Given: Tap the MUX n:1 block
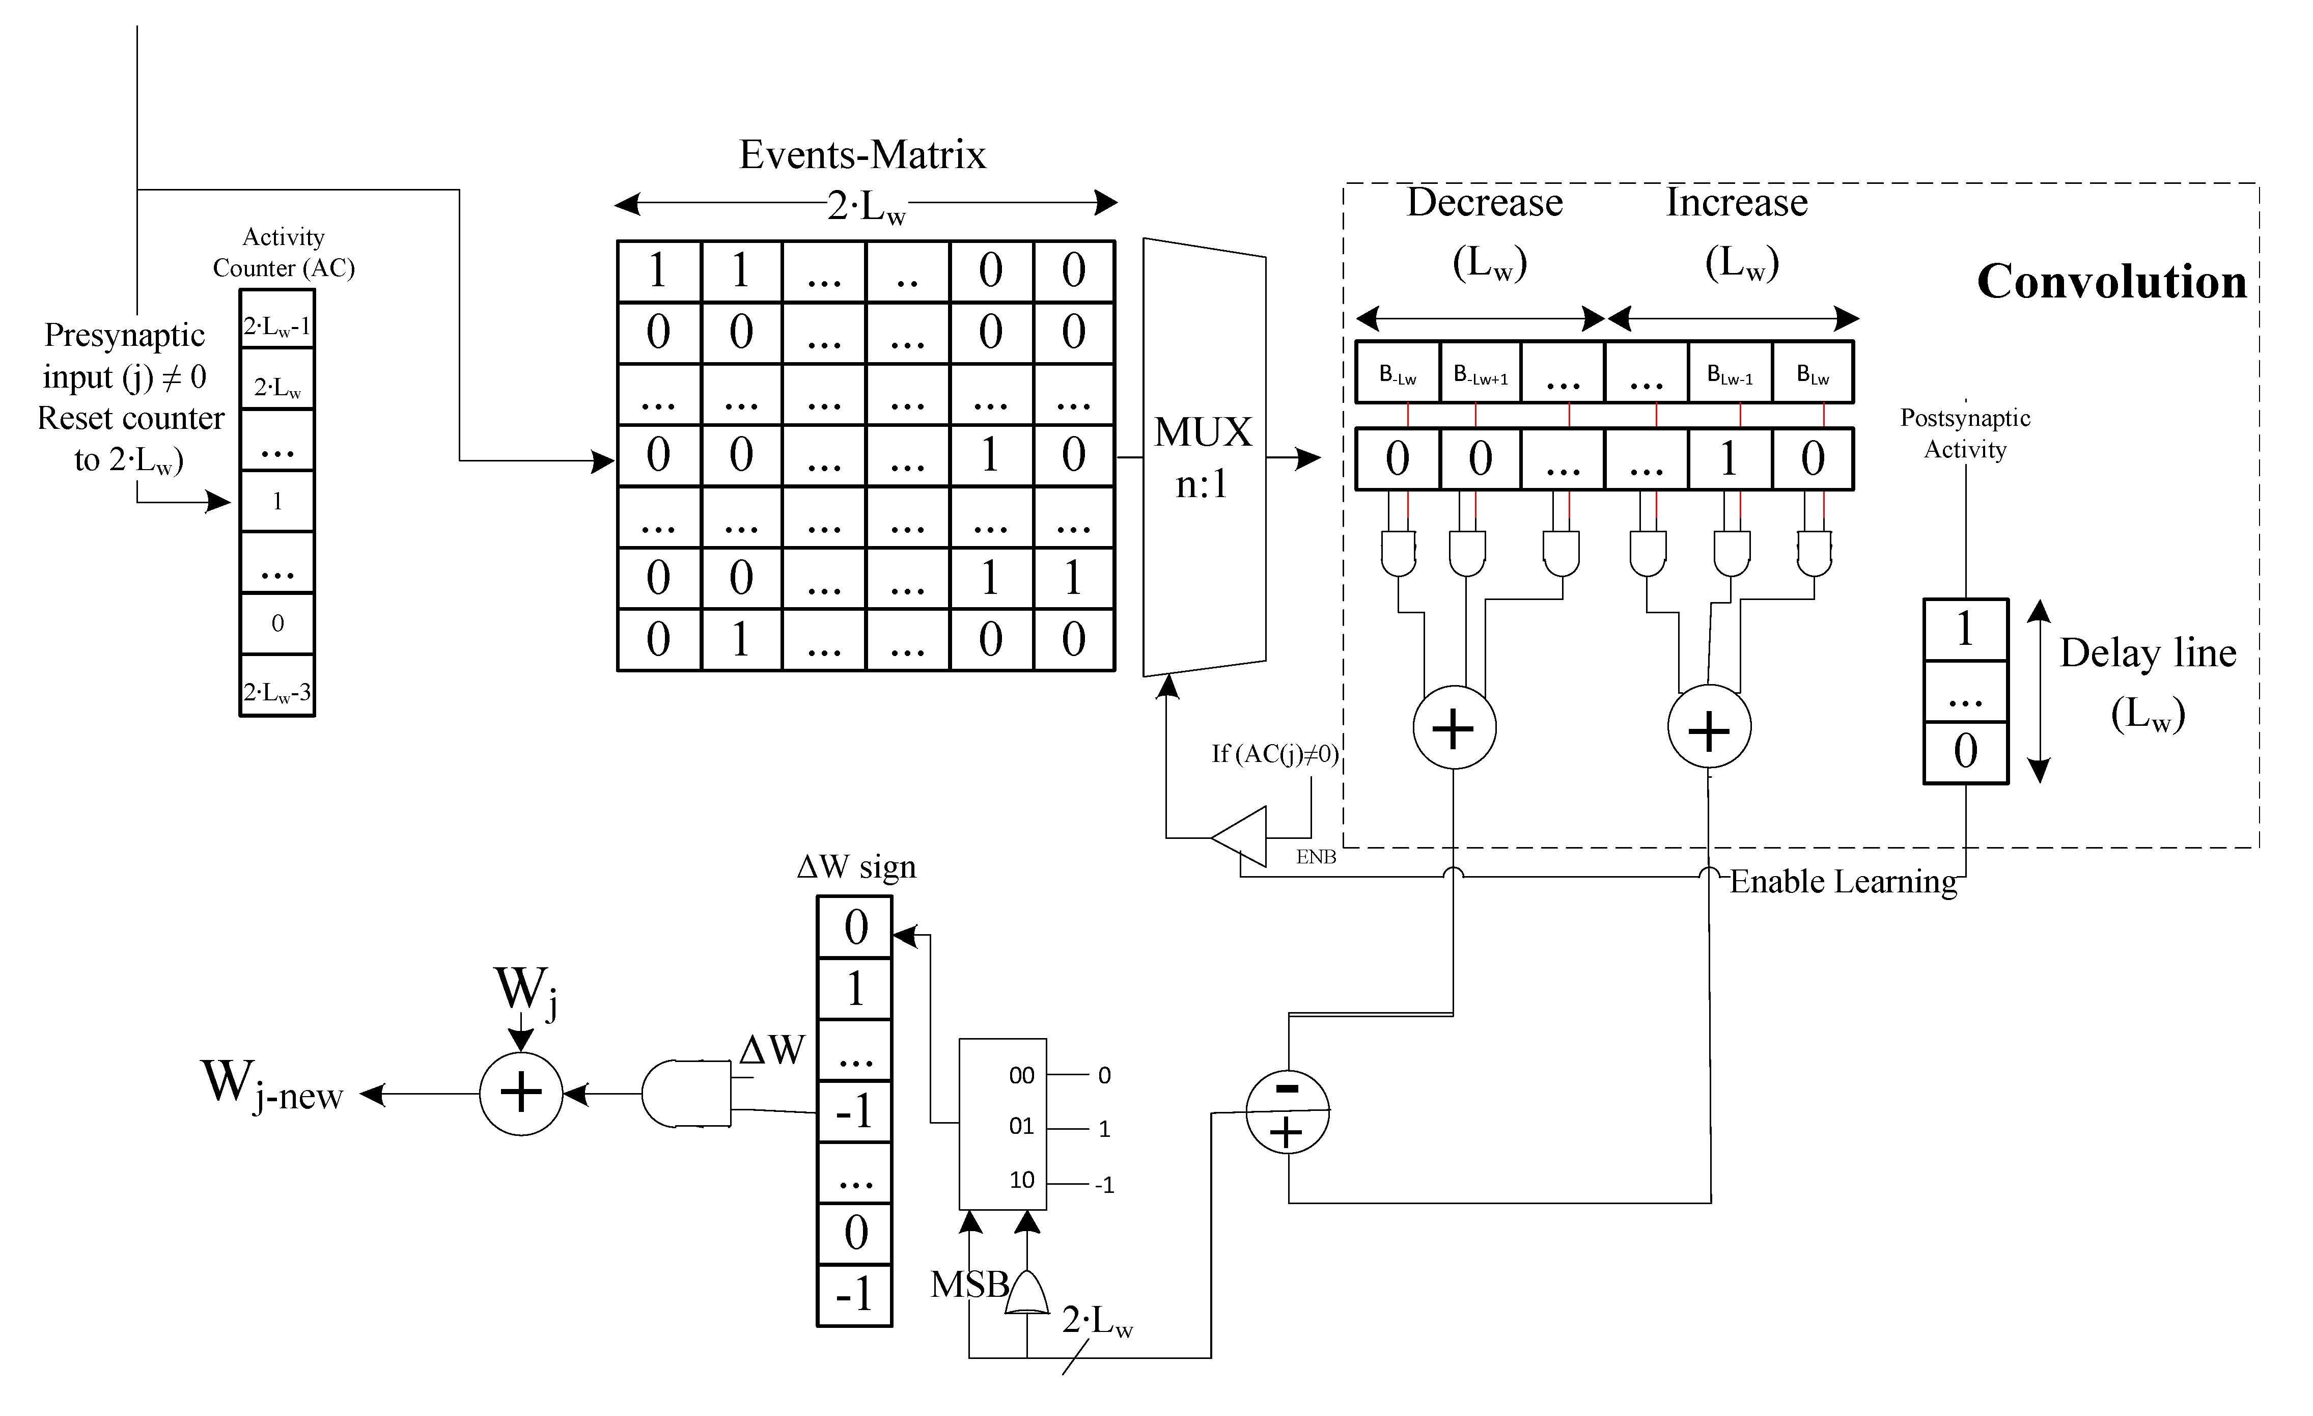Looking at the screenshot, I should [x=1204, y=457].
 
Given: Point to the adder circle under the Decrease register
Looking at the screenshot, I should [x=1454, y=728].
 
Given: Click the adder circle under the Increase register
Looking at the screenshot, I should [x=1709, y=728].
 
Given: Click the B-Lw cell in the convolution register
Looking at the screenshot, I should [x=1397, y=374].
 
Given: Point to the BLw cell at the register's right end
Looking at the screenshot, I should [x=1813, y=374].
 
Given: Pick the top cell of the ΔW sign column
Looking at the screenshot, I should [x=854, y=927].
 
